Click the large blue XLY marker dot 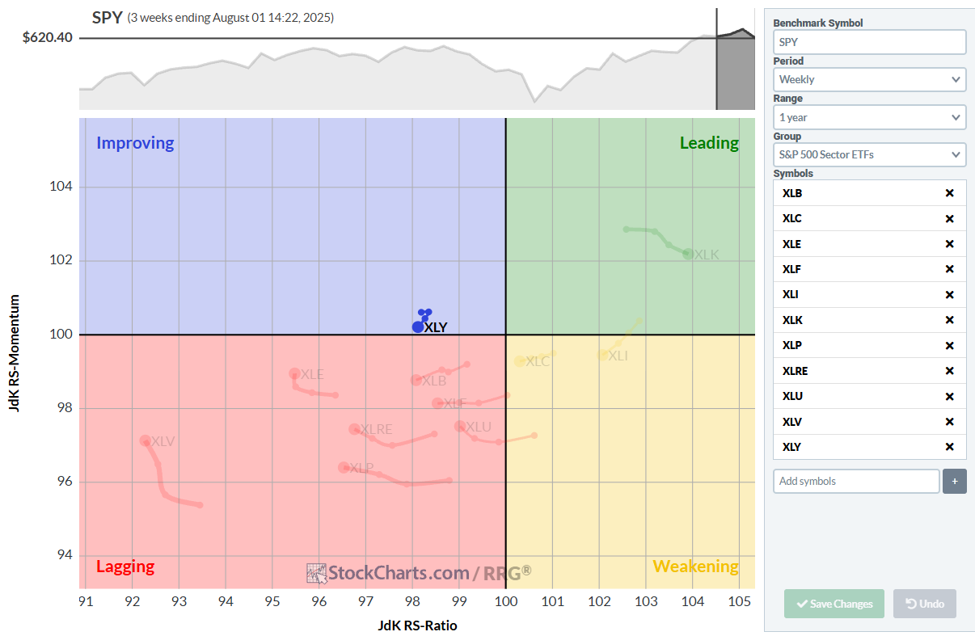click(417, 326)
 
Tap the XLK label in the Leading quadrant click(707, 255)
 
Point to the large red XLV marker click(146, 441)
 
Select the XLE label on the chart click(312, 374)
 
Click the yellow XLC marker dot click(520, 361)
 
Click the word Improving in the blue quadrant click(135, 143)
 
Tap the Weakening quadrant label click(695, 567)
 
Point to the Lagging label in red click(125, 567)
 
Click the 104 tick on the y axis click(62, 187)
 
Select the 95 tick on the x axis click(272, 601)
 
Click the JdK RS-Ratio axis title click(417, 625)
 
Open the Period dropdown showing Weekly click(869, 79)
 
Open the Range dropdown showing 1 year click(869, 117)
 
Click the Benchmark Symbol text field click(869, 42)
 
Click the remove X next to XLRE click(950, 371)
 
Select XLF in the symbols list click(792, 269)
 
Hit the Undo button click(924, 604)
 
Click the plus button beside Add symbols click(954, 481)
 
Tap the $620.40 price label click(48, 37)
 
